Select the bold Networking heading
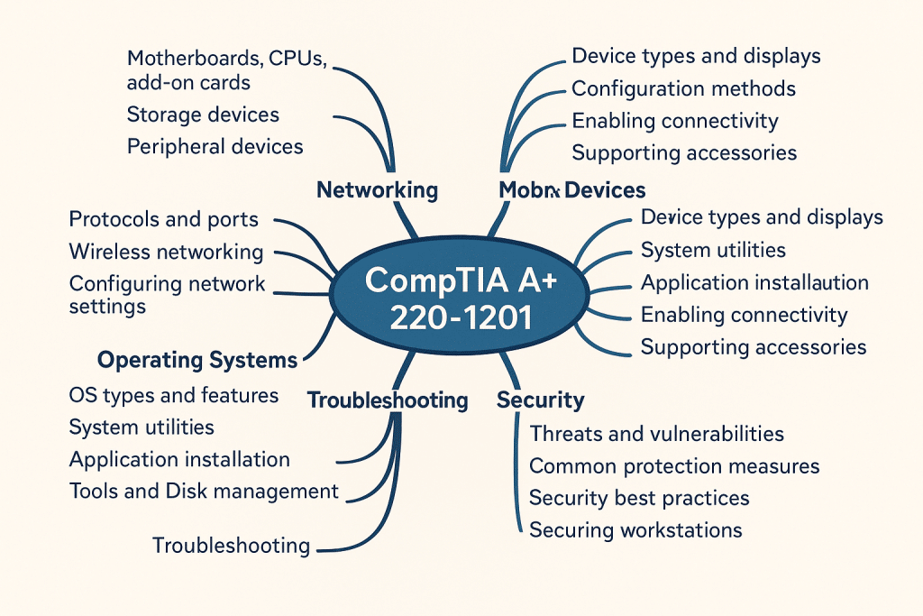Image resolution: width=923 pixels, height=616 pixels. click(377, 190)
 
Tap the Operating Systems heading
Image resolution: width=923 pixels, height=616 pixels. click(196, 361)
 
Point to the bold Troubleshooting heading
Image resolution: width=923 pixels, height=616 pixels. click(388, 400)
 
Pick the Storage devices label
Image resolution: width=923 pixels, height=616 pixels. click(203, 115)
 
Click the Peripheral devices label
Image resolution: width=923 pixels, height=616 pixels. click(215, 146)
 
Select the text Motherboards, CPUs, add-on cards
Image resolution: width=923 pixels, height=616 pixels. click(225, 70)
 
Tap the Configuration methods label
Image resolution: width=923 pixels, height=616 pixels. click(683, 88)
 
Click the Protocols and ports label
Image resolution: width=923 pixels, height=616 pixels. click(163, 219)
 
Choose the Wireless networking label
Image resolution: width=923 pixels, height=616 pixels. click(166, 252)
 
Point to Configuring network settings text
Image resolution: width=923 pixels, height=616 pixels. click(167, 295)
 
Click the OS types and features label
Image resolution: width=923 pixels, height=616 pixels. click(173, 395)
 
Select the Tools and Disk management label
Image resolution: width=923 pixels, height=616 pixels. click(204, 492)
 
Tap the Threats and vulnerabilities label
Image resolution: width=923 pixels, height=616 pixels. click(656, 434)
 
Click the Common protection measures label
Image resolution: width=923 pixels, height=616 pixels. click(674, 466)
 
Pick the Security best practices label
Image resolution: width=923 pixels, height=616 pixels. click(639, 498)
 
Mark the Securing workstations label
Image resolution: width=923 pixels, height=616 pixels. click(635, 529)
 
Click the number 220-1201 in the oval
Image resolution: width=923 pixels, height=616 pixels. click(461, 317)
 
